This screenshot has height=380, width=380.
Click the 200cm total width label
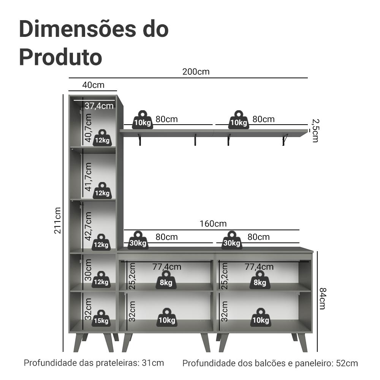(x=196, y=72)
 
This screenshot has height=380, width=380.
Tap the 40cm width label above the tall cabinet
(x=93, y=85)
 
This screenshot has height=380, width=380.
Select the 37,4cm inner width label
(x=99, y=106)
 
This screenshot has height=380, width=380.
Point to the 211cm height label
(x=57, y=220)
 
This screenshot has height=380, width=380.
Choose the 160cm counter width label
(x=213, y=224)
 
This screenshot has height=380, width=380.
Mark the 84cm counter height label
(x=322, y=298)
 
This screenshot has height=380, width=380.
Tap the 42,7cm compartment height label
(x=88, y=226)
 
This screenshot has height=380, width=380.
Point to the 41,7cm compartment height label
(x=88, y=177)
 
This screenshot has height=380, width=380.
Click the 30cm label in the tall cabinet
(x=88, y=270)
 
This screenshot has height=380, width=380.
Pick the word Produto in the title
(x=60, y=57)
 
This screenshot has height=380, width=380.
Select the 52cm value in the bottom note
(x=347, y=363)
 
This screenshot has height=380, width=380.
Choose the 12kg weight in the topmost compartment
(x=102, y=138)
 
